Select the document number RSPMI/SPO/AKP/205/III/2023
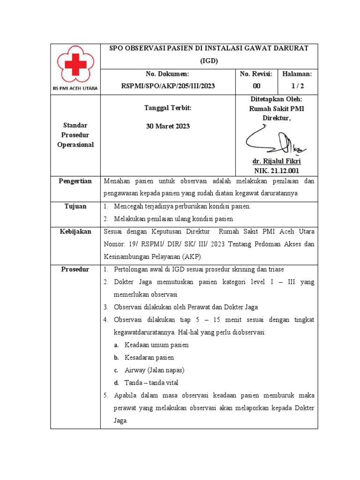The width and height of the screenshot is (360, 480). tap(167, 86)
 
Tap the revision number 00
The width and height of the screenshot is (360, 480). tap(244, 86)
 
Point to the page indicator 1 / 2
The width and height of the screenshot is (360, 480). tap(297, 86)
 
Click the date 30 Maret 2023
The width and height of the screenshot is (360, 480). tap(167, 127)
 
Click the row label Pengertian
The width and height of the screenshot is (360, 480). tap(75, 181)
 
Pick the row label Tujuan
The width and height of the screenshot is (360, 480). tap(75, 207)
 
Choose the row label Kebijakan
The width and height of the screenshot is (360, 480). tap(75, 232)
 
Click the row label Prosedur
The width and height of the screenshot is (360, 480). tap(75, 269)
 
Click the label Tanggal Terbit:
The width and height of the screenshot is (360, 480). tap(167, 108)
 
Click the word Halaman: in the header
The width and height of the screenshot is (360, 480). tap(297, 74)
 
